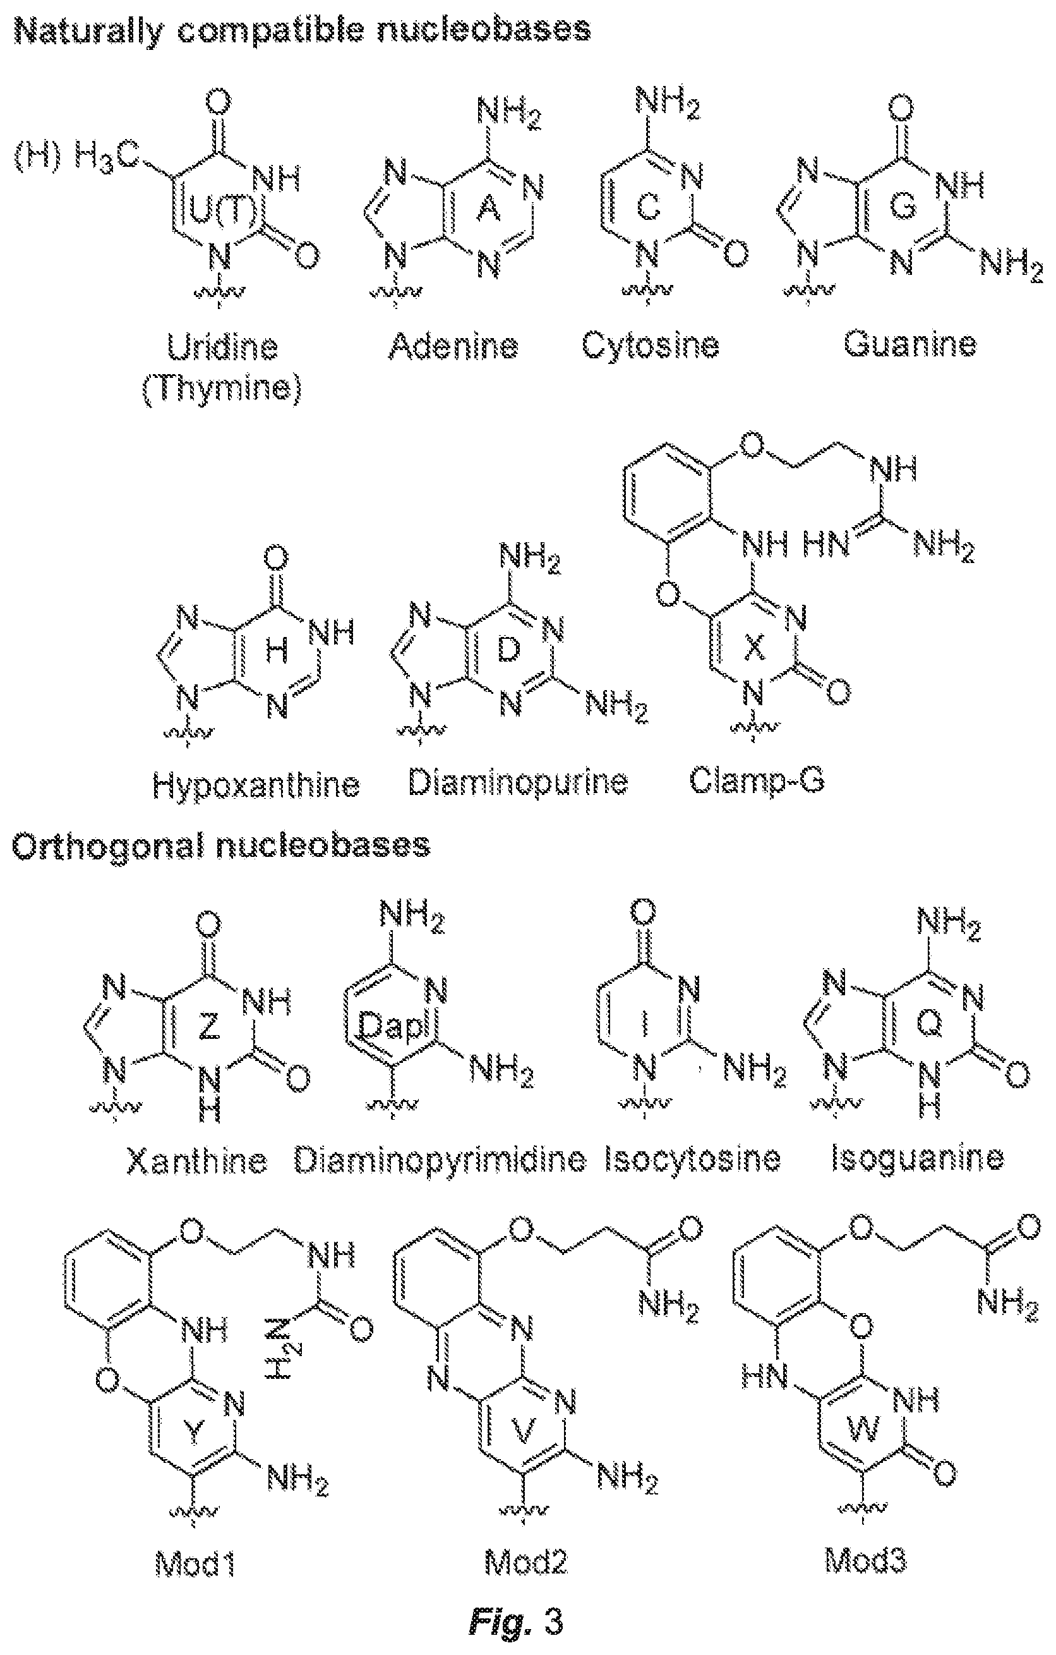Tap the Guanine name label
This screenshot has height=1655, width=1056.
(x=909, y=344)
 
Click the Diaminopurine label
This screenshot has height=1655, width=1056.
(x=518, y=783)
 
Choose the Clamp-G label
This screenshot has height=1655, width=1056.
(x=757, y=782)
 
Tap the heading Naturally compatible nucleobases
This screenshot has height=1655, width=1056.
(x=303, y=31)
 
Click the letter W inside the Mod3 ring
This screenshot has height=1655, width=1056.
(x=864, y=1429)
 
